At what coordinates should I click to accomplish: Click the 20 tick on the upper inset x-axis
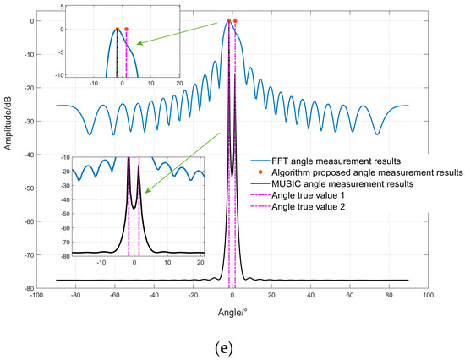[x=179, y=85]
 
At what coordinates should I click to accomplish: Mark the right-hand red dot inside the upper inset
[x=126, y=30]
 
